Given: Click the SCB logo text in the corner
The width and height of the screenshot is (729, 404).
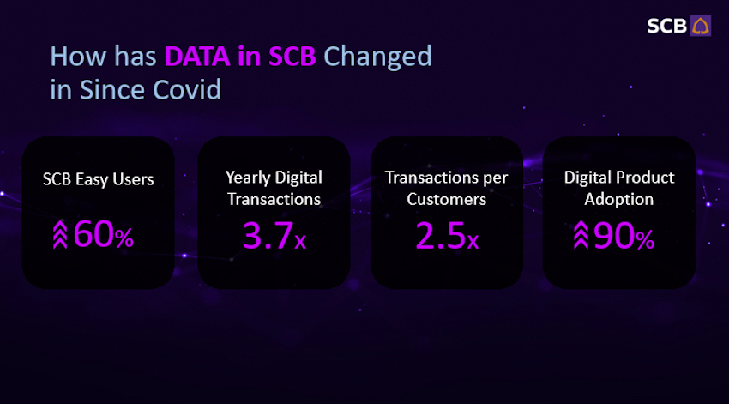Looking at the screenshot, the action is coord(666,26).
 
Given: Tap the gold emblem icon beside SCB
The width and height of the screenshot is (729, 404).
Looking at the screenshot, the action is coord(700,26).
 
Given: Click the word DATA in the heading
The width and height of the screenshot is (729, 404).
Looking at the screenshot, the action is coord(197,57).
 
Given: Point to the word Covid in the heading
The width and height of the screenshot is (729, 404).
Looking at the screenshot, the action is coord(187,90).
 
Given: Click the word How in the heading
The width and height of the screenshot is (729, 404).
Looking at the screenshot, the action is coord(79,57).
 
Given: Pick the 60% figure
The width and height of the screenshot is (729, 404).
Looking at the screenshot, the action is coord(103,234).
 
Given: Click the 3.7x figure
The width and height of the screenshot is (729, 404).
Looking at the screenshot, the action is coord(274,235).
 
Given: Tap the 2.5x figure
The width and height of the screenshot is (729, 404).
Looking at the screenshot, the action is coord(447,235).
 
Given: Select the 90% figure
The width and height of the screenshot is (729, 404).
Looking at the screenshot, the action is coord(624,236).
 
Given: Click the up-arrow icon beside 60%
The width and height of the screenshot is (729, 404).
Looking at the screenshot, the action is coord(60,234).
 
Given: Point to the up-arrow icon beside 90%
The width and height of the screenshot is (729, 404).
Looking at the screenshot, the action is coord(581,234).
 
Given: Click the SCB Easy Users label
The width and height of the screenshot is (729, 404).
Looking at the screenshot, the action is coord(99,179).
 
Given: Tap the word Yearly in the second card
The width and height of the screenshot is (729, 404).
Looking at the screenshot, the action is coord(248,178).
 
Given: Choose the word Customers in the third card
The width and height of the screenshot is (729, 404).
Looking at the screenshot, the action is coord(446,200).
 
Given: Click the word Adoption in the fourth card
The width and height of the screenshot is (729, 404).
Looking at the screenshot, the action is coord(619,200).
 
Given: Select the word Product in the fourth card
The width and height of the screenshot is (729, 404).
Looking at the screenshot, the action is coord(646,178).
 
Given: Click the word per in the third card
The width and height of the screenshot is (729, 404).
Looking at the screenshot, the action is coord(495,179).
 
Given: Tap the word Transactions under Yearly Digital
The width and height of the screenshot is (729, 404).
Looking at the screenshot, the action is coord(274,200).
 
